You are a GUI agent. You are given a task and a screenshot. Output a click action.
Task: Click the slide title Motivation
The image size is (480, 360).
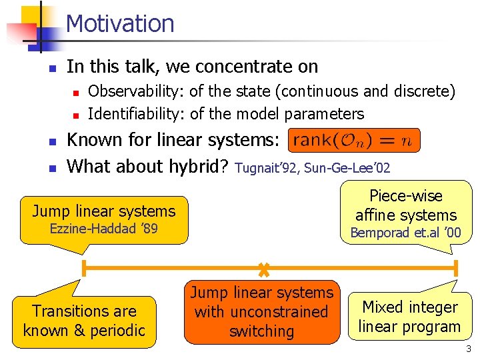(x=120, y=24)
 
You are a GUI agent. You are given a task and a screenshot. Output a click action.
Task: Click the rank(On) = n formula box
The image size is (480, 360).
(x=354, y=141)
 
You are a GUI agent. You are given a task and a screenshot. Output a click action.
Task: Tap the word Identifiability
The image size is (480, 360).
(x=136, y=114)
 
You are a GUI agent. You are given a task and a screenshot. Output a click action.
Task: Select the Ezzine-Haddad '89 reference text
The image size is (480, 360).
(x=104, y=230)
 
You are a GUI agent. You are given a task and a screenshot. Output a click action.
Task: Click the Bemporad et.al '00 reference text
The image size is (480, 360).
(x=405, y=233)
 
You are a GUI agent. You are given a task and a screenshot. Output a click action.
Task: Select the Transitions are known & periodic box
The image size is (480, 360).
(x=84, y=321)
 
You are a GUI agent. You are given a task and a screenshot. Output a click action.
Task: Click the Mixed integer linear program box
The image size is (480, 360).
(x=409, y=317)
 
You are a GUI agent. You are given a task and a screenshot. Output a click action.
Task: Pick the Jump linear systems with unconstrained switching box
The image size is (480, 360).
(x=261, y=312)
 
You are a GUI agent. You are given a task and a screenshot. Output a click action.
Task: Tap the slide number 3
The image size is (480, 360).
(x=469, y=349)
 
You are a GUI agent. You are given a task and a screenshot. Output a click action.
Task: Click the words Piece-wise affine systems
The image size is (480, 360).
(x=405, y=205)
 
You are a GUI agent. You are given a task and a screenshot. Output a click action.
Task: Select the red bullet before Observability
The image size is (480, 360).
(x=77, y=92)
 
